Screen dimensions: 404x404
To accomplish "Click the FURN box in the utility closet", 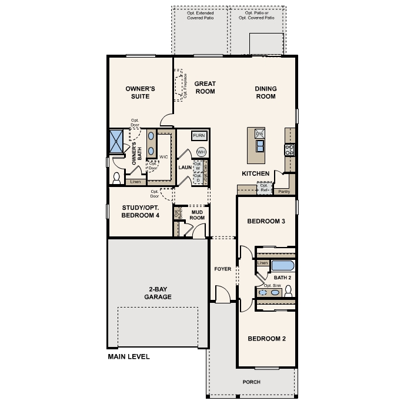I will pos(199,136).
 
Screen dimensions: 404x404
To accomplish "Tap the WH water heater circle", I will pos(201,151).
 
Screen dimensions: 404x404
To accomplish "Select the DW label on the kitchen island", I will pos(259,134).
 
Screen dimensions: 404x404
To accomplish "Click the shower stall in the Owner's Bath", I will pos(115,141).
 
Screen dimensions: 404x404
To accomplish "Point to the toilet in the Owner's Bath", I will pos(116,177).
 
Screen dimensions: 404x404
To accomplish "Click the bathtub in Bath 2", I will pos(282,265).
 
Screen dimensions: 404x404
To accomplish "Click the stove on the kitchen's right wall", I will pos(289,149).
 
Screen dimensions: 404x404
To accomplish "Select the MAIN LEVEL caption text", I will pos(129,356).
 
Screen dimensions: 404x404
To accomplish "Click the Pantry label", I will pos(284,191).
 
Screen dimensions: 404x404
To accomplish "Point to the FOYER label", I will pos(223,269).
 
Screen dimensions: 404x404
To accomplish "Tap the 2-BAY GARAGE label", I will pos(157,293).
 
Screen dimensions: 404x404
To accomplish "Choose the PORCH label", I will pos(251,382).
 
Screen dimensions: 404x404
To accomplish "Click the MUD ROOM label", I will pos(197,215).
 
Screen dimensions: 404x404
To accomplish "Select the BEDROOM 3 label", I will pos(266,221).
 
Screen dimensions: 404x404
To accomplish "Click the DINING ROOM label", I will pos(265,92).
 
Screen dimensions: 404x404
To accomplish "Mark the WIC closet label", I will pos(163,157).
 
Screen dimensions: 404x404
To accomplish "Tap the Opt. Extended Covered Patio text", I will pos(200,15).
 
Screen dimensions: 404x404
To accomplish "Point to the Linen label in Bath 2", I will pos(262,263).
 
